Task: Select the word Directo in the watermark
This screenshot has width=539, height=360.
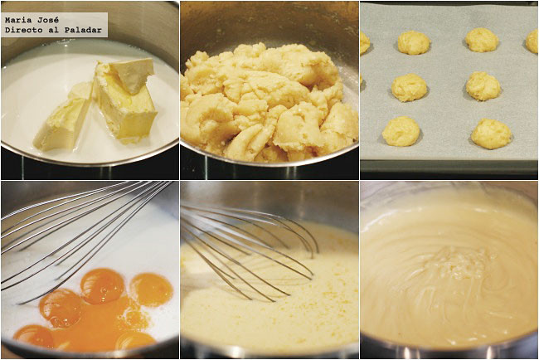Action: point(22,30)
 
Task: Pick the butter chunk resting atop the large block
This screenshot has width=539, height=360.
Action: point(131,74)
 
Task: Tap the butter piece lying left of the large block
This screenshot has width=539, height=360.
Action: point(62,120)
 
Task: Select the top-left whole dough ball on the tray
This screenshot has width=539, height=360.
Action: point(414,42)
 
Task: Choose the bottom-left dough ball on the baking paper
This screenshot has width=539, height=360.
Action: point(401,131)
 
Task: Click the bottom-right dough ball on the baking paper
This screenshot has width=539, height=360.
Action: point(491,134)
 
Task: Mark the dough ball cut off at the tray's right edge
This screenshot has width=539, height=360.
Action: point(532,41)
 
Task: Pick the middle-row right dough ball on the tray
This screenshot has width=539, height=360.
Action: point(483,86)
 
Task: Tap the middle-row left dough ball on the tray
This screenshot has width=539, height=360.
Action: point(409,88)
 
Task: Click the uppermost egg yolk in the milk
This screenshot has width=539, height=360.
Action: point(102,286)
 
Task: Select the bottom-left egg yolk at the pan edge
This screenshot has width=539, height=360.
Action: point(33,336)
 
